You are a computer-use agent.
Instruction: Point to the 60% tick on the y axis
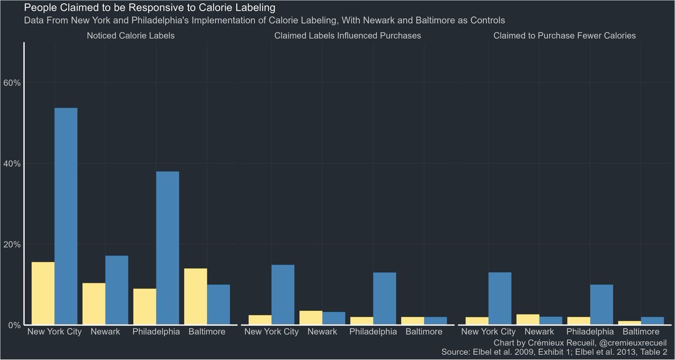click(x=12, y=83)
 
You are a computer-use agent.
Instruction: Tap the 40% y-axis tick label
click(x=12, y=164)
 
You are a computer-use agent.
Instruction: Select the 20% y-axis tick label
click(x=12, y=245)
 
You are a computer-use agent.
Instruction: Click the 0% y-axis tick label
click(x=13, y=325)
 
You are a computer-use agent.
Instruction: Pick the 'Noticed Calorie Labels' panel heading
click(x=130, y=35)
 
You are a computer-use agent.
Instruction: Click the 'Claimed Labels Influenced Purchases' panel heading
click(x=347, y=35)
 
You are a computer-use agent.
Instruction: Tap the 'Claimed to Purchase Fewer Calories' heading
click(x=564, y=35)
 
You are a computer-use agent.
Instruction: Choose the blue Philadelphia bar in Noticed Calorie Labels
click(x=168, y=248)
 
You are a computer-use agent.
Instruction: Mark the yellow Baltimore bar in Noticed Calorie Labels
click(x=196, y=296)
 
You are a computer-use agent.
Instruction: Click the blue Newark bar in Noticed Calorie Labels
click(x=116, y=290)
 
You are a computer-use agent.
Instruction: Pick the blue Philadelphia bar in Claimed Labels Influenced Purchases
click(x=385, y=299)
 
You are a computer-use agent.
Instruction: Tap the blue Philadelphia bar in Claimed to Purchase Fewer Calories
click(x=601, y=305)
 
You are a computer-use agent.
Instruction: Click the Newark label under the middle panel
click(x=322, y=332)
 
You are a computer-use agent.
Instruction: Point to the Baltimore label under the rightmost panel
click(x=641, y=332)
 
